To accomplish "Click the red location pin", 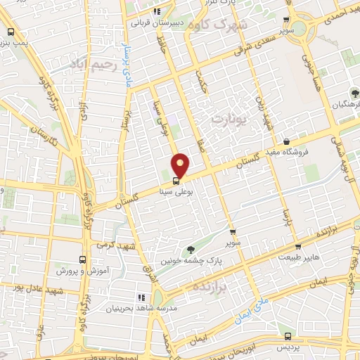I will click(x=181, y=165).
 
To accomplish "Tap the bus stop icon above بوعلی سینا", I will click(x=176, y=181).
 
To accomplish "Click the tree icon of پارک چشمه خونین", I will click(x=190, y=250).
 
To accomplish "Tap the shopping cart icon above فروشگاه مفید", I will click(x=285, y=141).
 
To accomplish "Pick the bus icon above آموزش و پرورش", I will click(x=82, y=259).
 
